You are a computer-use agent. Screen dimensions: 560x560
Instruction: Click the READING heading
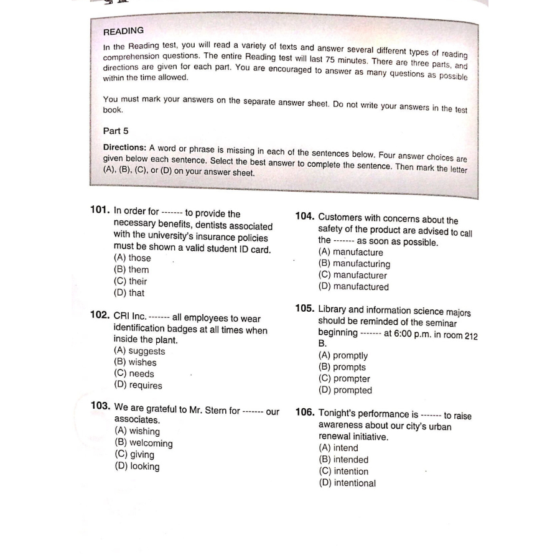(123, 30)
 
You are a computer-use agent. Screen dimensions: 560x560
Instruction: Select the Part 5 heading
(116, 131)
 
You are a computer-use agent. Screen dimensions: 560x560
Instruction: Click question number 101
(101, 210)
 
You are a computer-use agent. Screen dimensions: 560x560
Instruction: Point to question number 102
(100, 315)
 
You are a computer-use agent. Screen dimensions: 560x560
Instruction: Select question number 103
(101, 406)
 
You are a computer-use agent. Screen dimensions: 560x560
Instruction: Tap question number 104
(304, 216)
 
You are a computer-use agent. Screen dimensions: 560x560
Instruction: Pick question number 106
(304, 412)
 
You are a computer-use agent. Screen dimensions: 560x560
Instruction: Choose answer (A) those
(132, 258)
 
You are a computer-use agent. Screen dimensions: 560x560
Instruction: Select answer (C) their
(130, 281)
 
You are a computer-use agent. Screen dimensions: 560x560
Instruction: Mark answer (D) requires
(138, 385)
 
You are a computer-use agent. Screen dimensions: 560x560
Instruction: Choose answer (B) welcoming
(144, 443)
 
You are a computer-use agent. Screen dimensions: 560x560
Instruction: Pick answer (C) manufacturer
(352, 275)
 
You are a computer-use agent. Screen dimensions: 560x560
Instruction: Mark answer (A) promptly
(343, 356)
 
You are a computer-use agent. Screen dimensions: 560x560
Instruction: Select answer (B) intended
(343, 460)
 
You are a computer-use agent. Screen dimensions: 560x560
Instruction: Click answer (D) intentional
(347, 483)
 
